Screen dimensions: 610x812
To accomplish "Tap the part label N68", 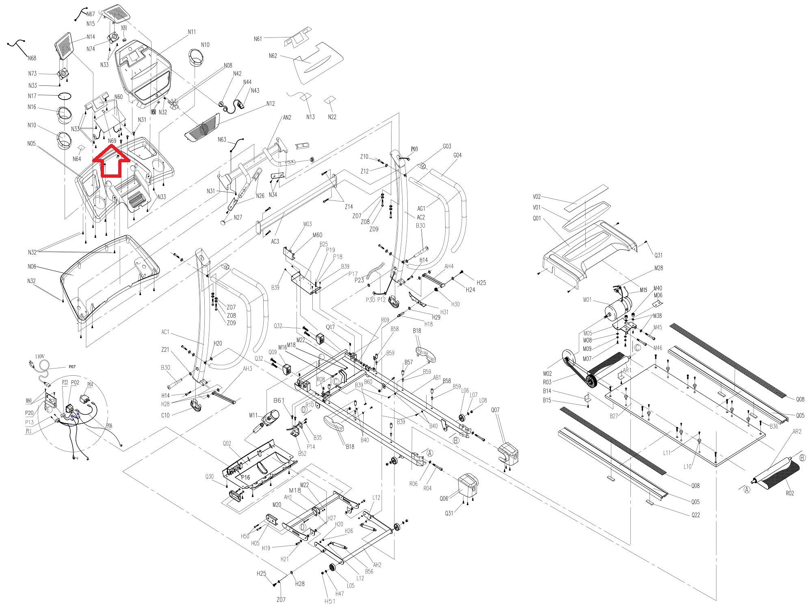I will point(32,58).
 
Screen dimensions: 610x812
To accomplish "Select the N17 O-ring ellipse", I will point(65,96).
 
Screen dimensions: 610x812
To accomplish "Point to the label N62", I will point(273,56).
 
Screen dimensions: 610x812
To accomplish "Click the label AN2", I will point(287,118).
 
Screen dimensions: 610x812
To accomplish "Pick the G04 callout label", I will point(457,155).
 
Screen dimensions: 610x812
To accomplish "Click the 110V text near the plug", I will point(39,356).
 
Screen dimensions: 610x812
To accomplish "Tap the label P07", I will point(72,367).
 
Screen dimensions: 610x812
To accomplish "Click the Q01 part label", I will point(537,218).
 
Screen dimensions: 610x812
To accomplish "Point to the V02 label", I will point(537,197).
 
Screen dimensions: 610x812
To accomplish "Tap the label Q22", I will point(696,515).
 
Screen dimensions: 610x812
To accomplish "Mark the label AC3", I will point(275,242).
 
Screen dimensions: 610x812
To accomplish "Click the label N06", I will point(32,267).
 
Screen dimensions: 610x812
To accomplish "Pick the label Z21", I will point(165,350).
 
